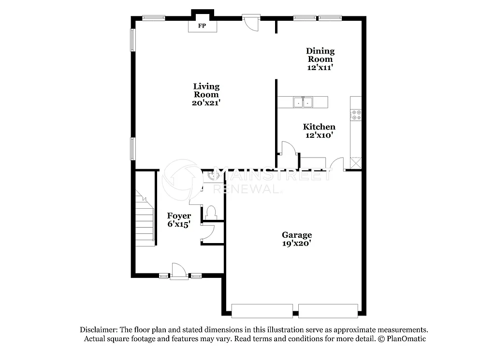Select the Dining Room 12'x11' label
click(x=320, y=59)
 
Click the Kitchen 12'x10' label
click(x=319, y=131)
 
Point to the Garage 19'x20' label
click(x=297, y=239)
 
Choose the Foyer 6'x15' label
click(x=179, y=219)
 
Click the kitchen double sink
click(x=303, y=102)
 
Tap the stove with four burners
click(x=356, y=115)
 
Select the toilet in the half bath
click(x=211, y=212)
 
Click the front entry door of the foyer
click(x=179, y=272)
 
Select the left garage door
click(x=262, y=311)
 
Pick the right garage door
click(x=328, y=311)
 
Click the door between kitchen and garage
click(x=337, y=164)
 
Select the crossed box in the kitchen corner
click(x=355, y=163)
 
